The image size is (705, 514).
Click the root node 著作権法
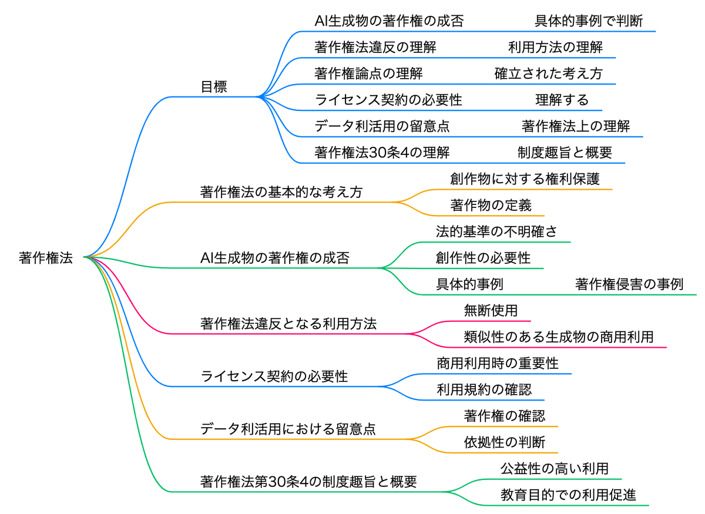[46, 258]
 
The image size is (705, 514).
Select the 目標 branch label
[214, 87]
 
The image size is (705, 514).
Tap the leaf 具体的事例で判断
[588, 22]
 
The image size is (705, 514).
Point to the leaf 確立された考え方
[548, 74]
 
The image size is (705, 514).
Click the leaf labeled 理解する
[562, 100]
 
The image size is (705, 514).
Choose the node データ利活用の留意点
[382, 126]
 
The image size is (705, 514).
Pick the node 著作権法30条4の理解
[382, 153]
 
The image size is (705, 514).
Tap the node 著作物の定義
[491, 205]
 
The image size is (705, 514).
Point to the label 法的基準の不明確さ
[496, 231]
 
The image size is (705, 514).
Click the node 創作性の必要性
[483, 258]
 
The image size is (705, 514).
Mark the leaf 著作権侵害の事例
[629, 284]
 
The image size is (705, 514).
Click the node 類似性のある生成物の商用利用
[558, 337]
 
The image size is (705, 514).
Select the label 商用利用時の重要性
[497, 363]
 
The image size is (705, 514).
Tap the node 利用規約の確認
[484, 389]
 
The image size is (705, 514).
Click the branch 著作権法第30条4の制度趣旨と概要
[308, 482]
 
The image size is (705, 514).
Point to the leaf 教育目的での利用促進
[568, 495]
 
